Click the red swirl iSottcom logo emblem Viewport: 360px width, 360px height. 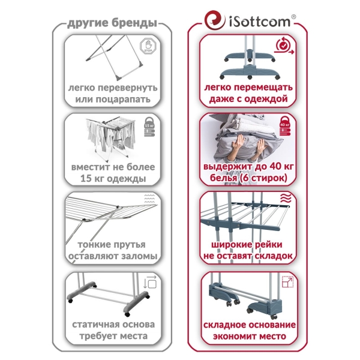215,20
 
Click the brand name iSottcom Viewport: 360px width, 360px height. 260,22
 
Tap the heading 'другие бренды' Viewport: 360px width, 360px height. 112,23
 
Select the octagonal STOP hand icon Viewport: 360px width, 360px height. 148,46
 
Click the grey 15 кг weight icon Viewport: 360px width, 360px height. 149,127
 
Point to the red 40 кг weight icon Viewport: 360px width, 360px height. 285,126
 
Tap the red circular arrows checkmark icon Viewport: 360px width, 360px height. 284,46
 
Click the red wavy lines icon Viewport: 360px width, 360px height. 286,198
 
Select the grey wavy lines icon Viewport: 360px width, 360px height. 149,199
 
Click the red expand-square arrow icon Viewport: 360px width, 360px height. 287,282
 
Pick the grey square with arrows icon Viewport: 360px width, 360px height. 150,282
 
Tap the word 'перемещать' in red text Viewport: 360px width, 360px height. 263,88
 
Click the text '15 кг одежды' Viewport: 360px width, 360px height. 113,178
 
